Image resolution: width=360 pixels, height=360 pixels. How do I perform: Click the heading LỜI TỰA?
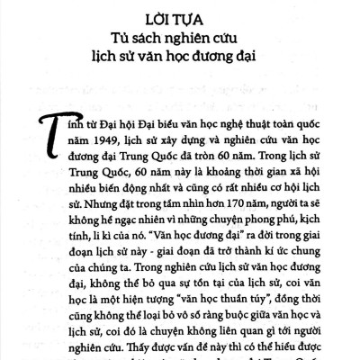point(180,16)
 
